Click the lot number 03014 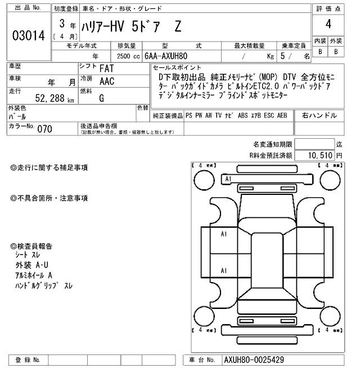click(x=28, y=36)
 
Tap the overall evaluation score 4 click(x=328, y=25)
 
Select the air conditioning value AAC click(x=107, y=81)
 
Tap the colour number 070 click(x=44, y=129)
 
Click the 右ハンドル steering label click(x=319, y=115)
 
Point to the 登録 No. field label click(x=28, y=360)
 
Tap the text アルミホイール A click(x=34, y=275)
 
